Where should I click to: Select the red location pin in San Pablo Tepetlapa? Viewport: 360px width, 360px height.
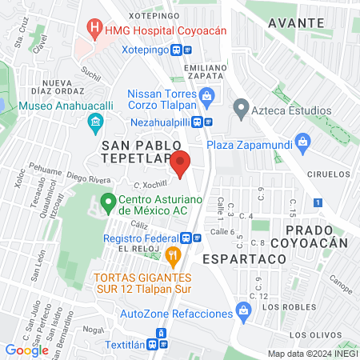coord(181,162)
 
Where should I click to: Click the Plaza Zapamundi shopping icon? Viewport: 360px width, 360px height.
coord(302,144)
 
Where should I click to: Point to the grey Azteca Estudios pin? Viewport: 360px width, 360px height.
coord(240,106)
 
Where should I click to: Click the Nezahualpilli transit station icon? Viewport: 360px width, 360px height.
coord(208,123)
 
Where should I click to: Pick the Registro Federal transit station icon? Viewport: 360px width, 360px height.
coord(186,238)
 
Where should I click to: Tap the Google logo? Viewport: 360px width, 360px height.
coord(26,350)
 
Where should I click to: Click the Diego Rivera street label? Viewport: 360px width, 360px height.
coord(88,180)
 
